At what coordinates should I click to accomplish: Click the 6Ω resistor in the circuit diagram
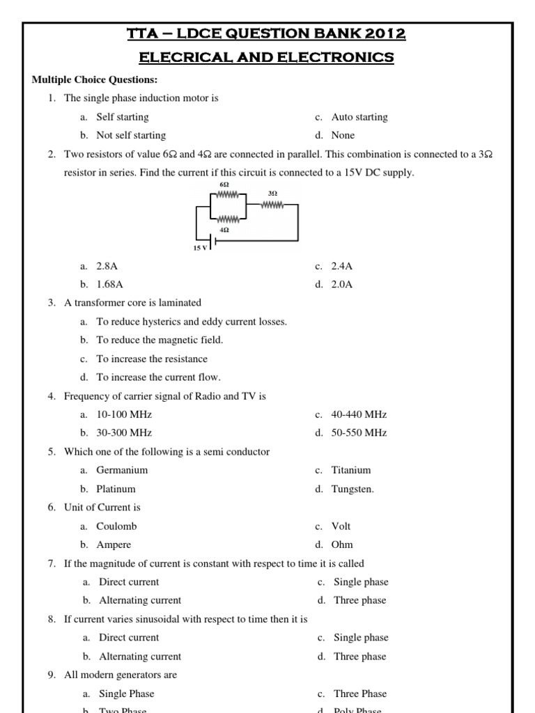click(x=224, y=196)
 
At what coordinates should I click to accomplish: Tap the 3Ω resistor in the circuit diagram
click(x=272, y=205)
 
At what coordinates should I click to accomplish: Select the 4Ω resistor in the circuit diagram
click(x=224, y=219)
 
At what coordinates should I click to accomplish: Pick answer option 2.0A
click(x=342, y=284)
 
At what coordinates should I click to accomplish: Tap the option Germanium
click(x=122, y=470)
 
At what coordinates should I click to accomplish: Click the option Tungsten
click(x=352, y=489)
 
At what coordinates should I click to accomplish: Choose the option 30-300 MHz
click(x=124, y=432)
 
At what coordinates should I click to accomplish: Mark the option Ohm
click(x=342, y=544)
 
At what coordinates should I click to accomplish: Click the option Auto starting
click(x=359, y=117)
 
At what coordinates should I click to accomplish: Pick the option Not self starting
click(x=131, y=135)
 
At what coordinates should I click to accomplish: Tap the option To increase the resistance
click(x=152, y=359)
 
